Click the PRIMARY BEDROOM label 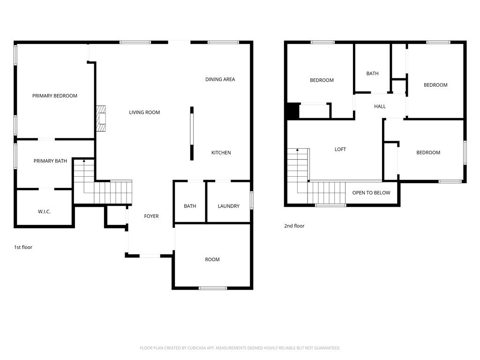pos(55,96)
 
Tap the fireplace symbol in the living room pos(101,119)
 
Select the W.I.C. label pos(44,211)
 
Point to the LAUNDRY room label pos(229,206)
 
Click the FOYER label pos(151,216)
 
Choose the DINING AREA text pos(220,79)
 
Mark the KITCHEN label pos(221,152)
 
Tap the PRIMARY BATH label pos(50,161)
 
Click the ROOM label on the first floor pos(212,259)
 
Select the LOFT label pos(340,149)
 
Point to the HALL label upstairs pos(380,106)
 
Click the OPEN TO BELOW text pos(371,193)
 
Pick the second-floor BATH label pos(373,74)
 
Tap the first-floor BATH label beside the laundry pos(190,206)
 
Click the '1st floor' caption pos(23,247)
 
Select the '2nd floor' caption pos(294,226)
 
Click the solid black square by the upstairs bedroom pos(293,111)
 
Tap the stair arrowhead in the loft pos(297,150)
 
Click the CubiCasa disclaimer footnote pos(240,348)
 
